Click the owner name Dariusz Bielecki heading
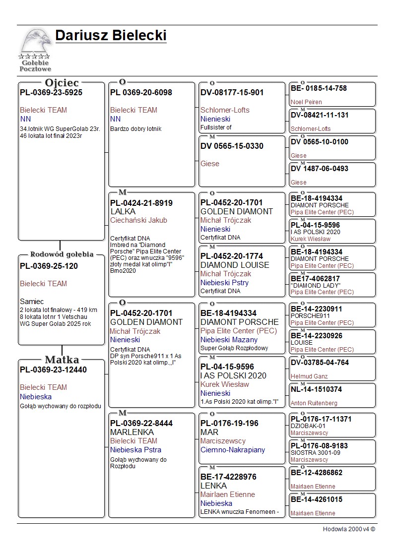click(111, 36)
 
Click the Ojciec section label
click(62, 82)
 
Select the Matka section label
click(62, 360)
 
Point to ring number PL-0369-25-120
click(49, 266)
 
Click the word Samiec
click(32, 301)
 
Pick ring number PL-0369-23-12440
click(53, 370)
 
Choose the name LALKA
click(123, 211)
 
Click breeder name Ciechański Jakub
click(138, 220)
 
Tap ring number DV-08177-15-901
click(232, 92)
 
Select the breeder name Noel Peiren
click(306, 102)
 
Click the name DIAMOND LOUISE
click(235, 265)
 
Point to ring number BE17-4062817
click(315, 279)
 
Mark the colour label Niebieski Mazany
click(229, 340)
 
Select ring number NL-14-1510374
click(316, 389)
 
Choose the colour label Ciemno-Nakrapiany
click(232, 450)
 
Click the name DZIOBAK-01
click(308, 426)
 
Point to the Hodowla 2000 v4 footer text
click(349, 529)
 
